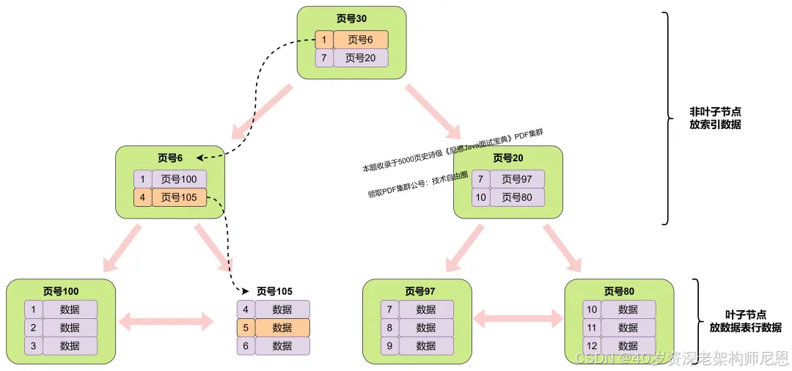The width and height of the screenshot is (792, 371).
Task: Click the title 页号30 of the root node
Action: click(x=351, y=19)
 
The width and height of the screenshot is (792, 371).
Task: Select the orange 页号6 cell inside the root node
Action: click(x=360, y=40)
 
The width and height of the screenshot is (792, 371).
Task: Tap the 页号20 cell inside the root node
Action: click(x=360, y=58)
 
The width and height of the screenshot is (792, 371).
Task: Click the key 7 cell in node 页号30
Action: click(x=323, y=58)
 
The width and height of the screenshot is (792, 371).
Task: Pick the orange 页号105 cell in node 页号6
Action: click(x=179, y=197)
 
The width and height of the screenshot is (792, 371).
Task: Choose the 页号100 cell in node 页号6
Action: click(x=179, y=179)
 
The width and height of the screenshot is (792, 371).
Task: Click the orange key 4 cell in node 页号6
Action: click(x=142, y=197)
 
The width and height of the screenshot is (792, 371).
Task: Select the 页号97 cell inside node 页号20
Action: click(x=517, y=179)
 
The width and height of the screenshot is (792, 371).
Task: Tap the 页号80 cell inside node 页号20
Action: click(x=517, y=197)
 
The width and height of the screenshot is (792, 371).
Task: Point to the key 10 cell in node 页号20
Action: click(x=480, y=197)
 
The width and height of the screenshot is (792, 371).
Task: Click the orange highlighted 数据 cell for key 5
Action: click(x=282, y=328)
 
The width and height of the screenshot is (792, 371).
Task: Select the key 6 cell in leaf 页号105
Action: click(x=246, y=346)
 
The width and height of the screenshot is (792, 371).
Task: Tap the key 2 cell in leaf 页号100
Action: click(x=33, y=328)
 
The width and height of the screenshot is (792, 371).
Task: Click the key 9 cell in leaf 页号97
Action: click(x=389, y=346)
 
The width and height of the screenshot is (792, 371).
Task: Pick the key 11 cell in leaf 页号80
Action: click(x=591, y=328)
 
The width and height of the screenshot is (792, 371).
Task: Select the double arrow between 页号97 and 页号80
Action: click(x=518, y=318)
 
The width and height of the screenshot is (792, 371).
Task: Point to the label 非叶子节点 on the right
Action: click(x=714, y=111)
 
